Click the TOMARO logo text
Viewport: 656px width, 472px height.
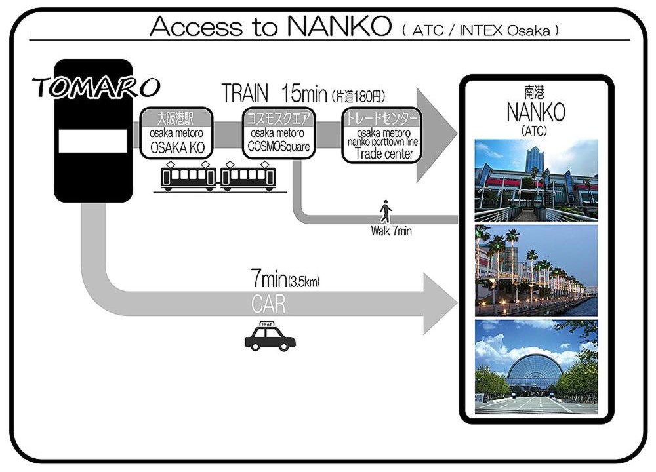pos(96,87)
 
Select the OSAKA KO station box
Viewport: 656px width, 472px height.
pos(176,133)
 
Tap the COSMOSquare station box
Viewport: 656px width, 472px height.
pos(278,133)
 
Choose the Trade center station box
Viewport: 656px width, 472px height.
pos(382,135)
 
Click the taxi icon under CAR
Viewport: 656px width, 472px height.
pos(270,336)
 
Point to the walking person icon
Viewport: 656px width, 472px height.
pos(386,212)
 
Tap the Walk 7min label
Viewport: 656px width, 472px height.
pos(391,231)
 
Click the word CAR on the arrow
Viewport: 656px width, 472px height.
pos(268,304)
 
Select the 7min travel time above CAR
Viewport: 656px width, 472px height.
pos(268,278)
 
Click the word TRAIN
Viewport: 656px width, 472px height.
pos(245,93)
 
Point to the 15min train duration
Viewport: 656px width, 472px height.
pos(304,93)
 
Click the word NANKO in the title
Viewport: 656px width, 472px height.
pos(339,26)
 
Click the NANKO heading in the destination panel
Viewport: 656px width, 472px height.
pos(536,112)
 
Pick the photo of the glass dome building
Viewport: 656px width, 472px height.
pos(537,367)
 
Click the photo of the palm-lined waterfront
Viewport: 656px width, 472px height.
pos(537,271)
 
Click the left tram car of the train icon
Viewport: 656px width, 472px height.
pos(188,176)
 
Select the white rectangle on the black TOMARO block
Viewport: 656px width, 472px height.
pos(93,141)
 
